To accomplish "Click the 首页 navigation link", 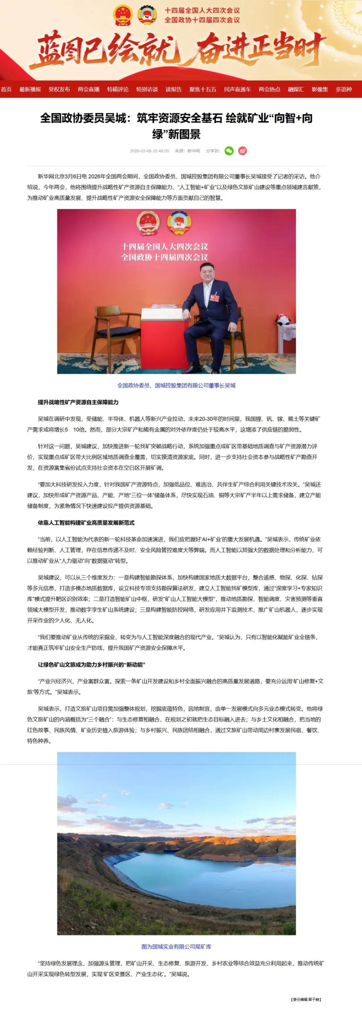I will (x=6, y=89).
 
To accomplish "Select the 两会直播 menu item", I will (x=88, y=89).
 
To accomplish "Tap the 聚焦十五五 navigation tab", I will (x=202, y=89).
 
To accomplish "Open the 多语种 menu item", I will (x=344, y=89).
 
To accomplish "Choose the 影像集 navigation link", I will (x=319, y=89).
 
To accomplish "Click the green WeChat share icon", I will (x=229, y=151).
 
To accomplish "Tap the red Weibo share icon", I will (x=243, y=151).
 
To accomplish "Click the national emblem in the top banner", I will (x=122, y=15).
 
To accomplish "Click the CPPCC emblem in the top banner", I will (x=147, y=15).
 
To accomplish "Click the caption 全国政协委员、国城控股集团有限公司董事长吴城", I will (x=176, y=385).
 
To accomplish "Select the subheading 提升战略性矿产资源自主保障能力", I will (x=78, y=402).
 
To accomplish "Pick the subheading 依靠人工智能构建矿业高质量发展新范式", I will (x=86, y=523).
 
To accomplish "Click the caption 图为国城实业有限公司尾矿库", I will (x=176, y=947).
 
